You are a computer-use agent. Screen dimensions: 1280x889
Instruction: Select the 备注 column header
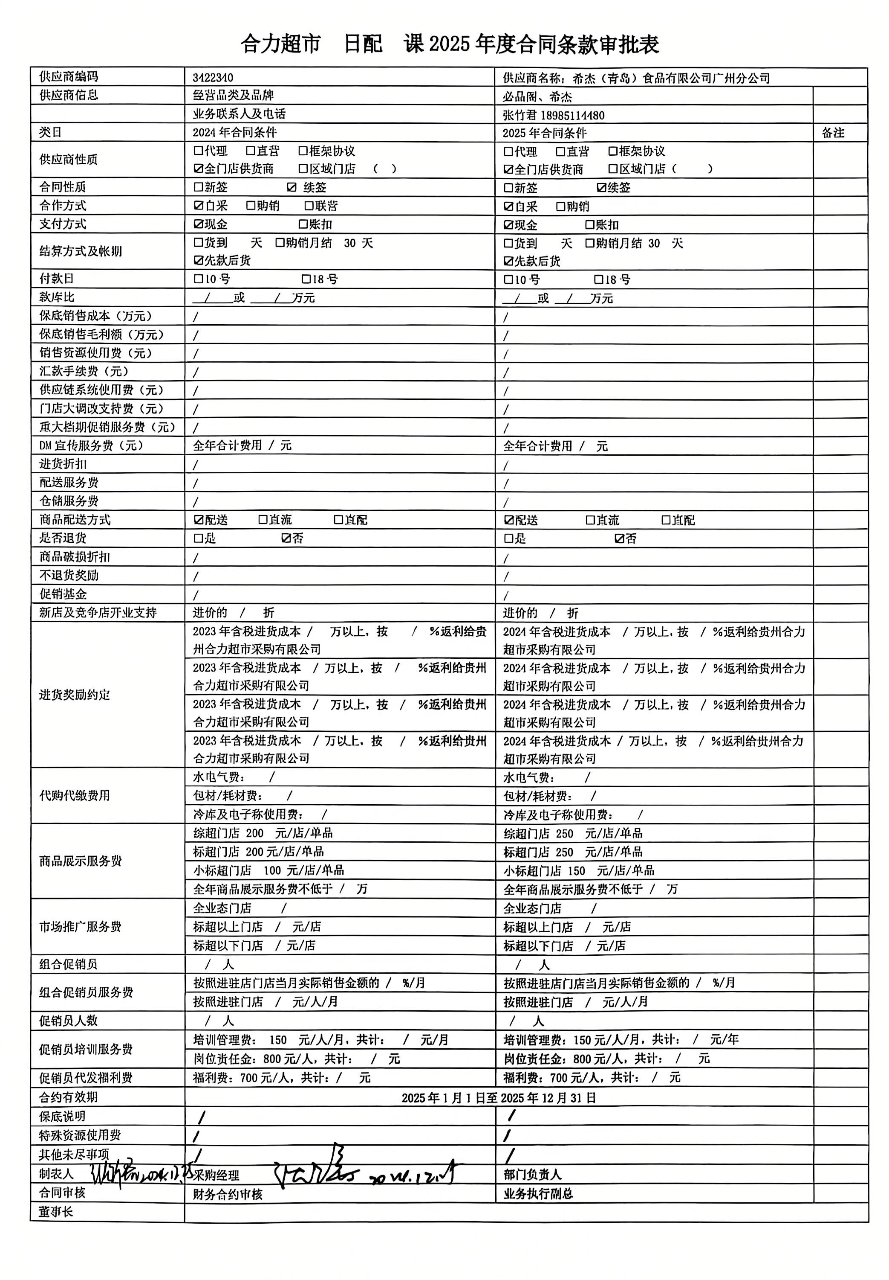[833, 133]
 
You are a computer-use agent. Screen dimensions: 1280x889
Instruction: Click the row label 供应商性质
[69, 160]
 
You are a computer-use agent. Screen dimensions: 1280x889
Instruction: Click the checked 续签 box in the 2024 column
[292, 187]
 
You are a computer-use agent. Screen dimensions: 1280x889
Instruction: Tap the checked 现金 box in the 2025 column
[508, 225]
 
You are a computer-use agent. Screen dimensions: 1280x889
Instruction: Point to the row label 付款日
[56, 279]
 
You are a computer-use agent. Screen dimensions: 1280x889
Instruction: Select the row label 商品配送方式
[75, 520]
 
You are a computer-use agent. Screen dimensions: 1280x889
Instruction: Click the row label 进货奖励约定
[75, 695]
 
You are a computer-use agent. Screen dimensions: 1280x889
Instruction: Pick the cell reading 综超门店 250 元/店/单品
[573, 833]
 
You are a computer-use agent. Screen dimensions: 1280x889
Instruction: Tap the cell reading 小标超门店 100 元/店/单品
[268, 870]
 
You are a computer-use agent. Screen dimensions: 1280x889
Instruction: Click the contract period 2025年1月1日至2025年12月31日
[499, 1098]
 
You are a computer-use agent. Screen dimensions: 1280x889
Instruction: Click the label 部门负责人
[533, 1174]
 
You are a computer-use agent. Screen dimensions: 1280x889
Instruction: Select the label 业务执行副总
[538, 1193]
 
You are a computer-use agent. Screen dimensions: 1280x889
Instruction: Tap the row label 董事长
[56, 1212]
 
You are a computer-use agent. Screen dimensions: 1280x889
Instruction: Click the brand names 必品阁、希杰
[537, 97]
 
